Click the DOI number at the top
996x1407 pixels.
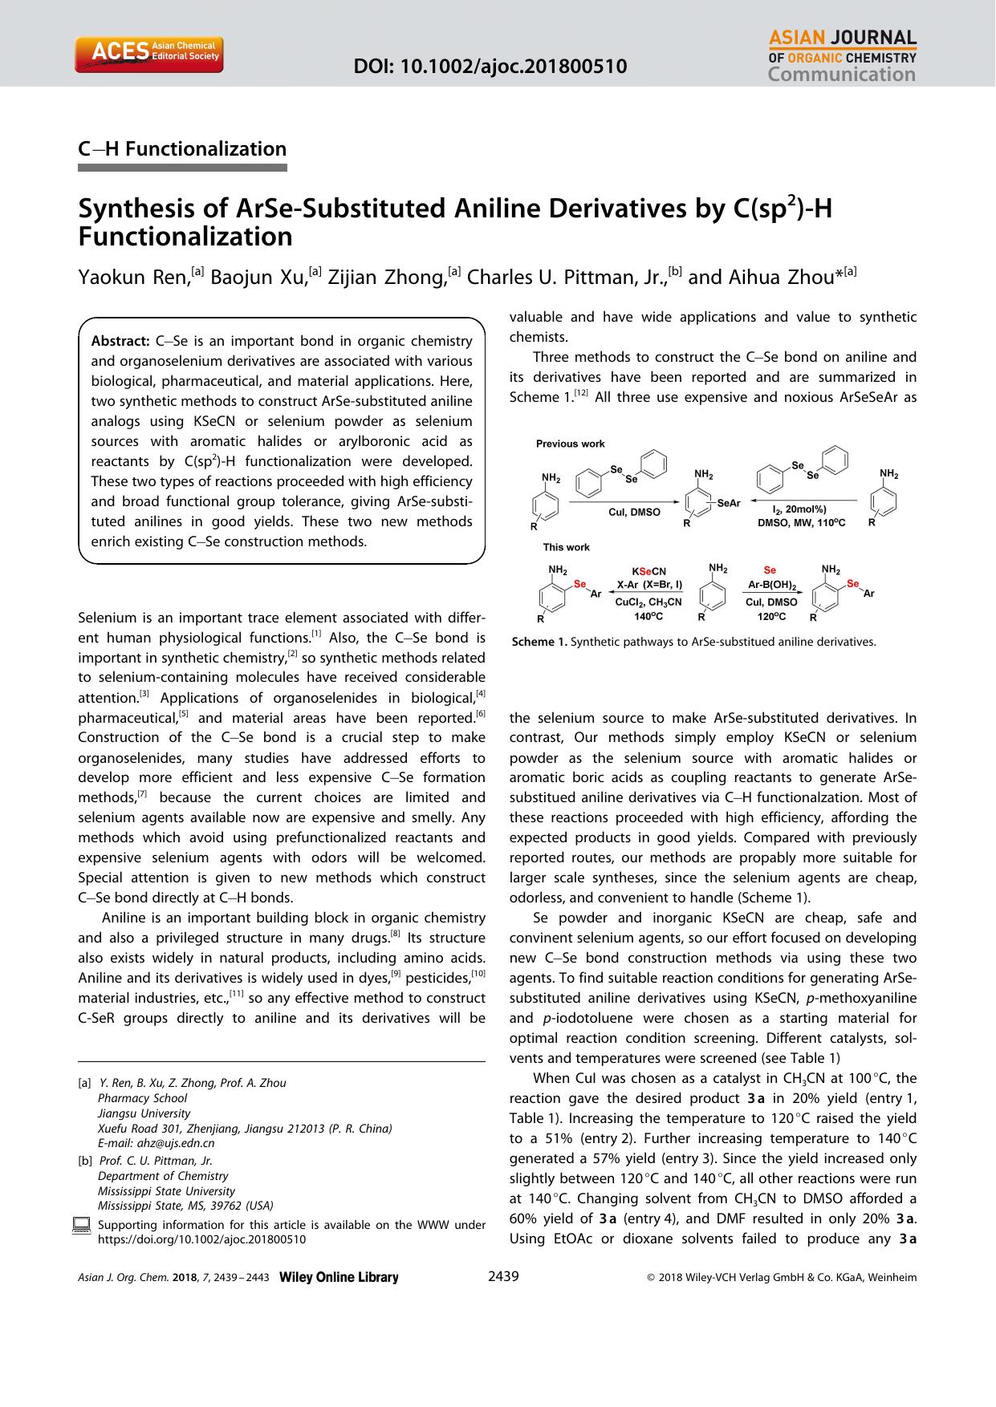coord(490,66)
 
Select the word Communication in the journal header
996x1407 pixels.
coord(841,75)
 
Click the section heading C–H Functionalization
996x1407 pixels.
coord(182,149)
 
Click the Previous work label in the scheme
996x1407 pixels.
coord(570,444)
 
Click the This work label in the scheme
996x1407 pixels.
coord(566,547)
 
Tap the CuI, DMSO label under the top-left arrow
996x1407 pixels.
coord(634,512)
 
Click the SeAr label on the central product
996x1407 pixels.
coord(728,503)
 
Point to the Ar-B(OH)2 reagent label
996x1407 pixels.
coord(771,586)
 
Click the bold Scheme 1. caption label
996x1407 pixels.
coord(539,642)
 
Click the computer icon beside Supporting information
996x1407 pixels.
coord(81,1225)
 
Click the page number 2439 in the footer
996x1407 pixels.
coord(503,1277)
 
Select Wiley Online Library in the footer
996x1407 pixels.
coord(338,1278)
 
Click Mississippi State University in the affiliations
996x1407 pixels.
coord(166,1190)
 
